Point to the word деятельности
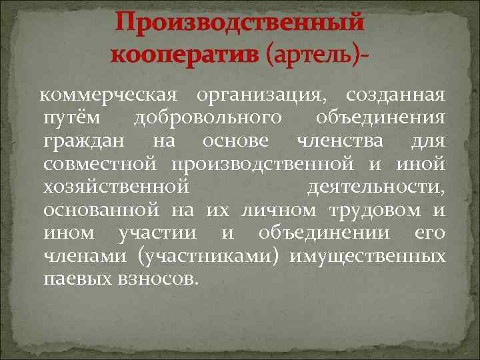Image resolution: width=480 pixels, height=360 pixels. [376, 187]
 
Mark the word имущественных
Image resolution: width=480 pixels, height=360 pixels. [367, 256]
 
